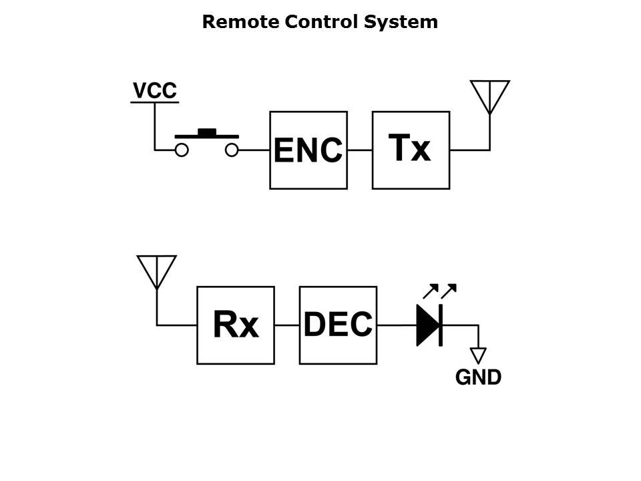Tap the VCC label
(x=155, y=90)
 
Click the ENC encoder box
(x=308, y=150)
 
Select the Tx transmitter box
(x=411, y=150)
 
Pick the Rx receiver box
(x=236, y=325)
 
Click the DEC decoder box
(x=338, y=325)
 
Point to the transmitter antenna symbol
(x=489, y=97)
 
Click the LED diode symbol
(x=429, y=325)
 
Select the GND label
(x=478, y=377)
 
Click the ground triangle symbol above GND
(x=478, y=355)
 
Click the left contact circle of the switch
(x=181, y=150)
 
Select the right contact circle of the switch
(x=232, y=150)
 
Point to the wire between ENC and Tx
(x=360, y=150)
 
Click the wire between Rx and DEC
(x=287, y=325)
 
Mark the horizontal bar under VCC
(x=154, y=102)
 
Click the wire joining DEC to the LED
(x=396, y=325)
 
